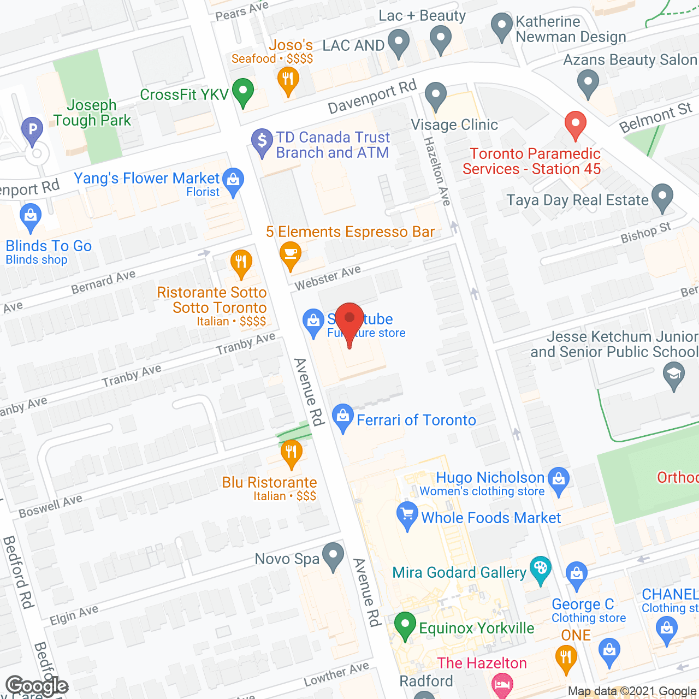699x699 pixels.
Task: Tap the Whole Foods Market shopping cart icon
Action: tap(407, 514)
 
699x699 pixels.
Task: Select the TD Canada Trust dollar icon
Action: tap(262, 141)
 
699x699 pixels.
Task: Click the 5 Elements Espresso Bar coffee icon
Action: tap(290, 254)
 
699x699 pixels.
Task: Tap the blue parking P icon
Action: tap(32, 130)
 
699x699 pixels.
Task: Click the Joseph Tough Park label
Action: tap(92, 113)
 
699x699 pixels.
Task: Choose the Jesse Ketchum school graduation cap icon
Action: tap(673, 375)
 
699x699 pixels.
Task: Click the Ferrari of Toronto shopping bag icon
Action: tap(342, 417)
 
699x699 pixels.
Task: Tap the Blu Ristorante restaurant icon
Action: tap(291, 453)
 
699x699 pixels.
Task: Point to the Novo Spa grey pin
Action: tap(333, 555)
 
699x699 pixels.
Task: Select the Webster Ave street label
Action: tap(328, 277)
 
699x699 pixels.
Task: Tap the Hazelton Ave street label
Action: tap(437, 171)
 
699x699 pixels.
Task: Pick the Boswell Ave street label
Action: tap(50, 506)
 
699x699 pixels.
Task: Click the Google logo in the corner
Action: tap(37, 685)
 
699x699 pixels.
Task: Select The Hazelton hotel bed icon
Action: tap(502, 684)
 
